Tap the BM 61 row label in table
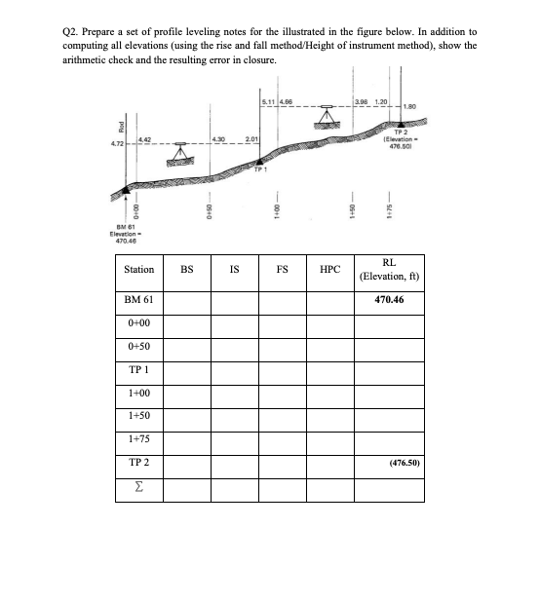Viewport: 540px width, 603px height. pos(138,299)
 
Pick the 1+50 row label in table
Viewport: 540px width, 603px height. pos(138,416)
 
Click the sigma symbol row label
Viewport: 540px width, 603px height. pos(136,486)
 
